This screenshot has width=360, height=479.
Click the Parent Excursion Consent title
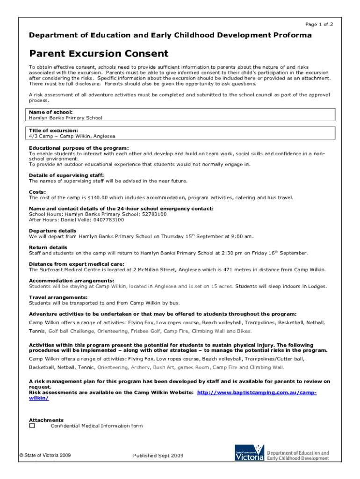pos(99,54)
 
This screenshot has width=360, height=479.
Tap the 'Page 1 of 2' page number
pos(319,24)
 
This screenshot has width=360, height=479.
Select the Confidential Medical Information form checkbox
pos(32,426)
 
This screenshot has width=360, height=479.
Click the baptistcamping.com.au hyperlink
pos(257,393)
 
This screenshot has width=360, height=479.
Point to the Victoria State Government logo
pos(249,453)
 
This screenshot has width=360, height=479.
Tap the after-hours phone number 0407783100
pos(108,219)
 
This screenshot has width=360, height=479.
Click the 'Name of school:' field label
pos(50,113)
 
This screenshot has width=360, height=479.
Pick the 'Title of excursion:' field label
pos(53,131)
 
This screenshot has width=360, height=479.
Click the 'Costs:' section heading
pos(37,192)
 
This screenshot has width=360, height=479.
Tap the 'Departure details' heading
pos(52,231)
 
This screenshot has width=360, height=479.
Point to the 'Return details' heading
pos(48,247)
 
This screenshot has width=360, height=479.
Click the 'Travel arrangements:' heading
pos(58,298)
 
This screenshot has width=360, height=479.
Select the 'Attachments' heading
pos(46,420)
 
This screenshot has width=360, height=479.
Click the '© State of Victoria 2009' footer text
pos(45,455)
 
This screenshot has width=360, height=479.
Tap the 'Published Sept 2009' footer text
pos(158,456)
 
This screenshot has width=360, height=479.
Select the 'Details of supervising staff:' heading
pos(66,175)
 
